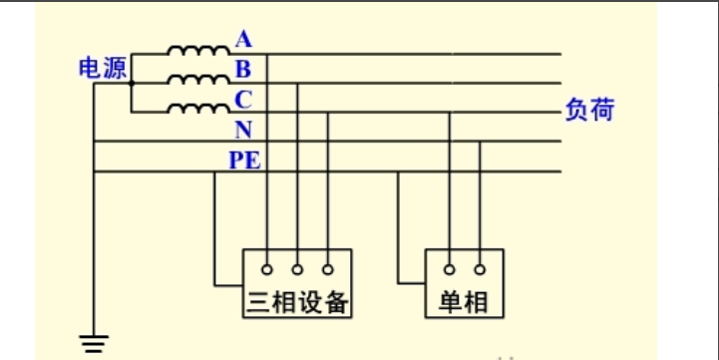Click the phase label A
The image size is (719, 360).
tap(244, 40)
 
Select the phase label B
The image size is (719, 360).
tap(243, 69)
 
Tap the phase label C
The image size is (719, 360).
tap(243, 99)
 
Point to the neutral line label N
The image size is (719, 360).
tap(243, 130)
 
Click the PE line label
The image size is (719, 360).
tap(246, 159)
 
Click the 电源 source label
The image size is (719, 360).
tap(103, 69)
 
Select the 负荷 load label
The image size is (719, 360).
tap(589, 110)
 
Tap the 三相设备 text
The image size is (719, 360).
tap(298, 302)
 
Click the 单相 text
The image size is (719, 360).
tap(465, 302)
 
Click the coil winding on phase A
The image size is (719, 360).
tap(197, 50)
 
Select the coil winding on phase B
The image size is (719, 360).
tap(197, 80)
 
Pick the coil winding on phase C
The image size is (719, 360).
tap(197, 109)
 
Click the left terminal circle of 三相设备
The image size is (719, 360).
tap(267, 269)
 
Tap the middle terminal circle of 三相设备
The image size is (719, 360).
tap(297, 269)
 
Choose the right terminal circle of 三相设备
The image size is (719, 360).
tap(327, 269)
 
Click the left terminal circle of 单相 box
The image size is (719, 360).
tap(450, 269)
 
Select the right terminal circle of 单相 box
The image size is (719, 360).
tap(480, 269)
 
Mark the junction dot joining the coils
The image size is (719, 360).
tap(132, 84)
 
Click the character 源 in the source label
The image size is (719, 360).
tap(115, 69)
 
